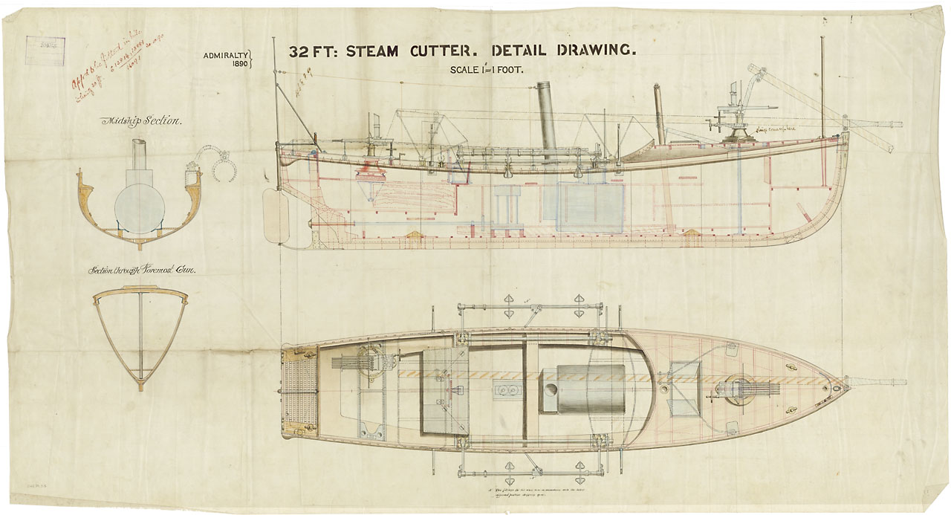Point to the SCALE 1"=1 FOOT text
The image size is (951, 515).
tap(487, 70)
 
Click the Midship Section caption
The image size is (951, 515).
tap(140, 121)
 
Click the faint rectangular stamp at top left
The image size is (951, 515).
tap(45, 50)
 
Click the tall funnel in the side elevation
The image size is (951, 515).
tap(549, 119)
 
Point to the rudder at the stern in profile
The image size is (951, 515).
tap(274, 216)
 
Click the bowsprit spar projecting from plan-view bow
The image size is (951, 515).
tap(877, 383)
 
